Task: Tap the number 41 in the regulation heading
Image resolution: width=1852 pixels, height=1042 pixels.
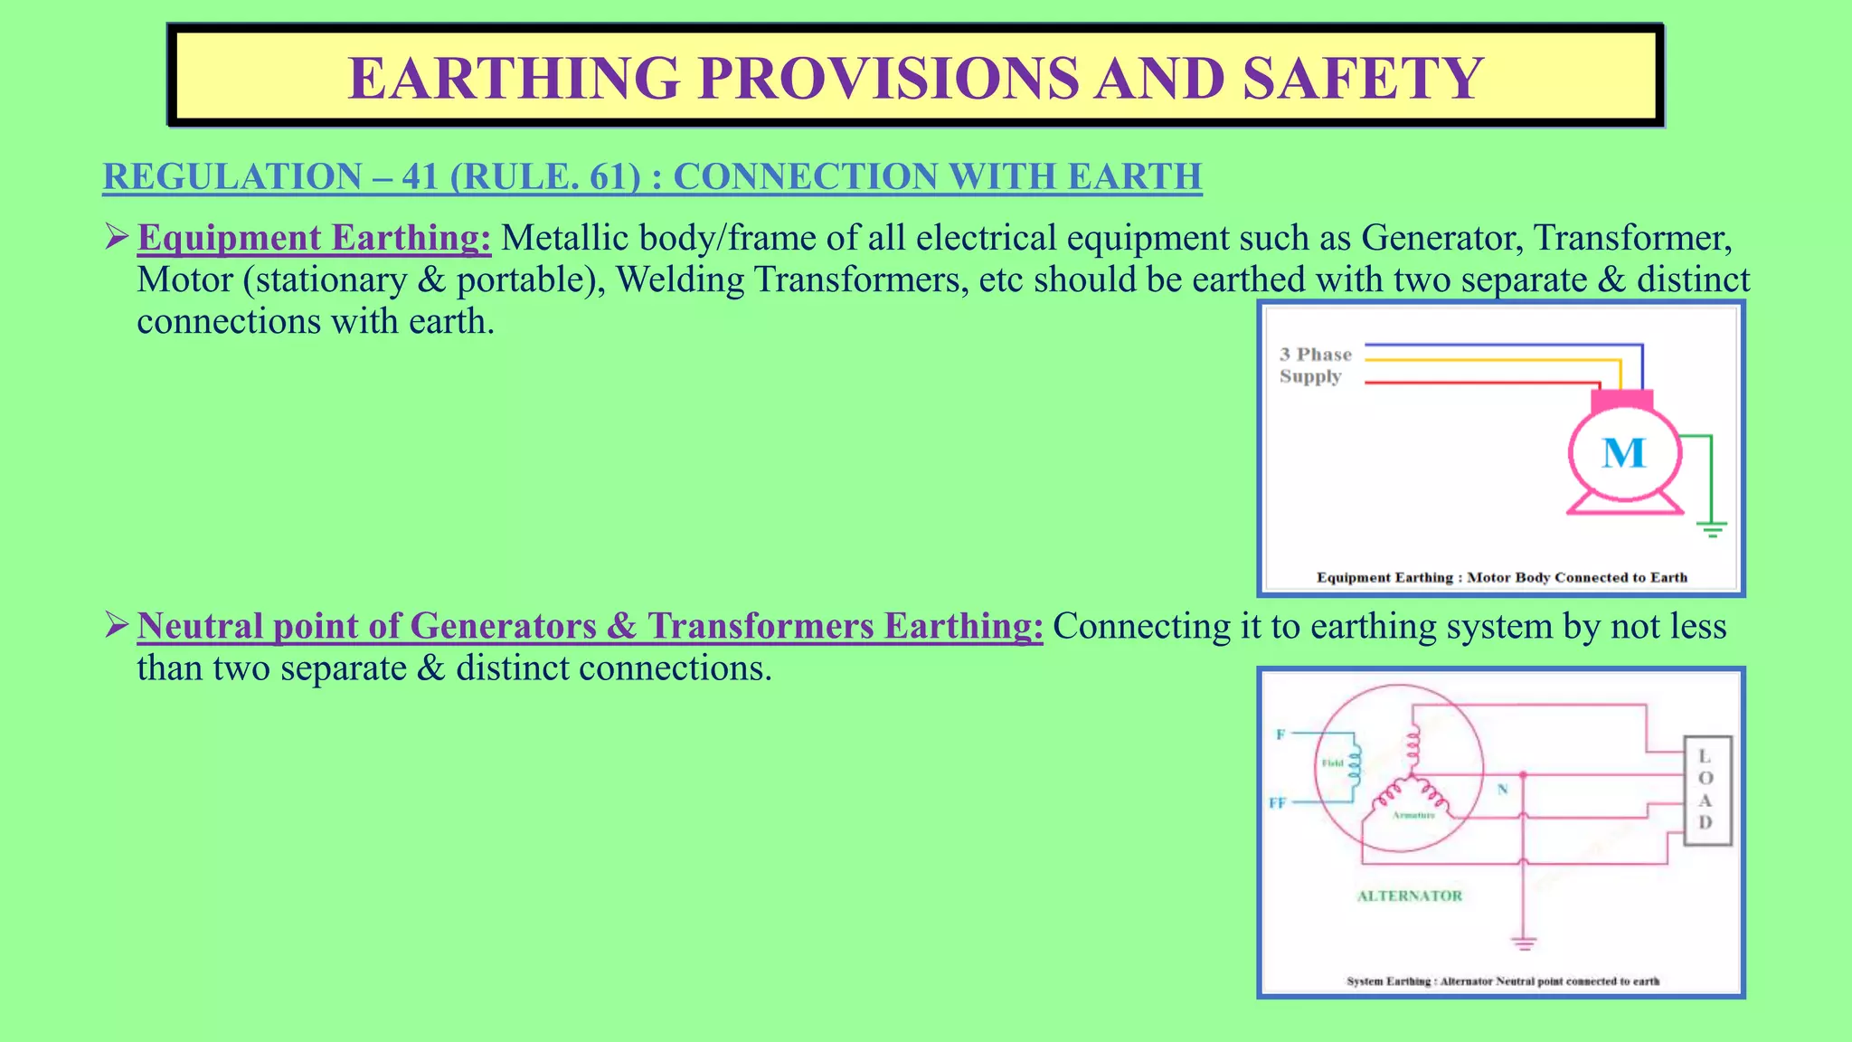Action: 420,176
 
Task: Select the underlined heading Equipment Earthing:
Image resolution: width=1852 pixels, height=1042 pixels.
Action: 314,238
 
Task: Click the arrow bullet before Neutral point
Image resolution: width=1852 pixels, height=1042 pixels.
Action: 117,625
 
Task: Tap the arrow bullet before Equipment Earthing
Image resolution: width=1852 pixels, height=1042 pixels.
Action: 117,237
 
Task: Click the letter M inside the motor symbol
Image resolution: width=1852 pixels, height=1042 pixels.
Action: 1623,453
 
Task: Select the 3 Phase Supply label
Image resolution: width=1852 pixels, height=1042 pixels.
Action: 1315,365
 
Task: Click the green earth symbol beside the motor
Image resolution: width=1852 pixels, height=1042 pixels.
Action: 1711,528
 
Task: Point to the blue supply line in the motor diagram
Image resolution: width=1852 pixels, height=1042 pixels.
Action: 1492,345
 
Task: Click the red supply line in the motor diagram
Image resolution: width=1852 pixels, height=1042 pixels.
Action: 1474,384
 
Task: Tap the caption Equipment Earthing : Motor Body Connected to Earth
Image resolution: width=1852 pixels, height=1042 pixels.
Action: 1501,577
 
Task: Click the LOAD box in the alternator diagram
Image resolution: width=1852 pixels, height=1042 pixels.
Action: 1706,790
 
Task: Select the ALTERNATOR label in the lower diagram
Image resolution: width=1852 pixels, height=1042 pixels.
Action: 1409,895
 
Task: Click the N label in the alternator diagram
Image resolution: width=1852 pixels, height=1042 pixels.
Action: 1502,790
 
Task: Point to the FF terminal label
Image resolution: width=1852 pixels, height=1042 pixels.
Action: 1277,802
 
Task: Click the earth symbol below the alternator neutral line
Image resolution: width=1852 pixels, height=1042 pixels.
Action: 1524,943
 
